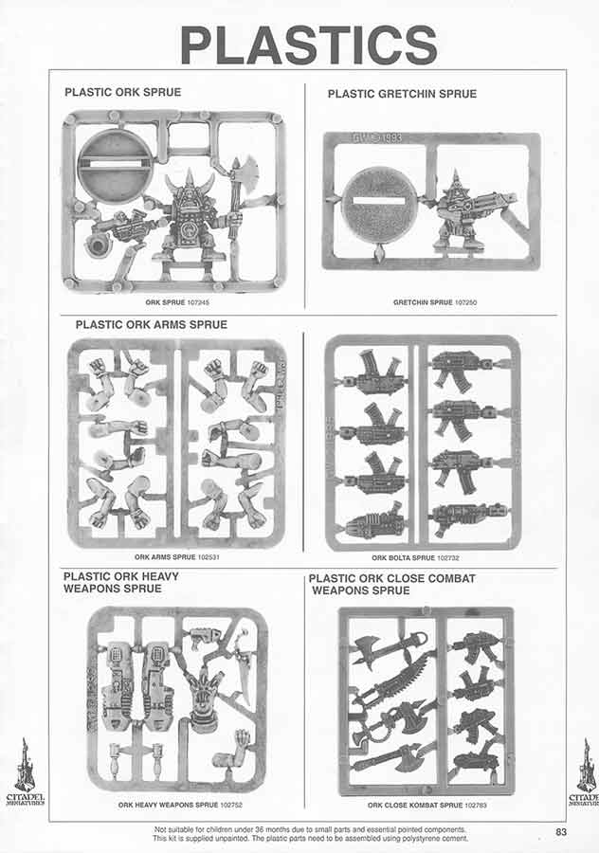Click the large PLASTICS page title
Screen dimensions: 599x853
point(308,45)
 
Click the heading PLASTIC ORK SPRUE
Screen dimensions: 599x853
point(123,92)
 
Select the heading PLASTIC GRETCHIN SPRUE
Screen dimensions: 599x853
point(402,94)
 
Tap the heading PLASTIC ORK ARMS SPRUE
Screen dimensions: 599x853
point(152,325)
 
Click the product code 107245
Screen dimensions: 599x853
point(198,302)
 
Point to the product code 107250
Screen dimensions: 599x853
point(465,302)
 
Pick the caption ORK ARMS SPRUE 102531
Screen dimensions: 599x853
point(177,557)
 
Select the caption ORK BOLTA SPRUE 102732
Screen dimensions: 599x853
point(416,557)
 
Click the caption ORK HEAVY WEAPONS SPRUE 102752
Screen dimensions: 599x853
point(180,805)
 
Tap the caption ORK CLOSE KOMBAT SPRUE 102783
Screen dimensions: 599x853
point(427,805)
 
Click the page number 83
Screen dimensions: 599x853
point(561,832)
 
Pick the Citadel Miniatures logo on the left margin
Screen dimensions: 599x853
point(25,771)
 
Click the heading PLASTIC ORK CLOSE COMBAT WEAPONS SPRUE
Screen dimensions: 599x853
point(391,584)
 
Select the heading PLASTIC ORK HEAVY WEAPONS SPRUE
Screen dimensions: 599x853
point(120,582)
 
